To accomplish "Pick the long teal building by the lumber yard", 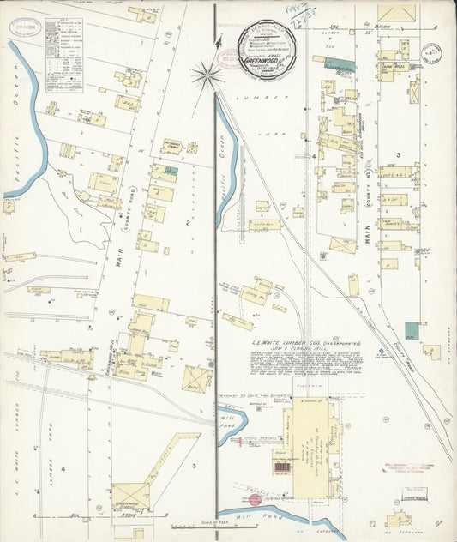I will [x=342, y=65].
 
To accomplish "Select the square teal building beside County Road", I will [x=413, y=329].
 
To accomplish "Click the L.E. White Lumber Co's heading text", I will [x=305, y=343].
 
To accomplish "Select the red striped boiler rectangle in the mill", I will [x=282, y=467].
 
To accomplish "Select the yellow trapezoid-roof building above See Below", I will [x=396, y=13].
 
